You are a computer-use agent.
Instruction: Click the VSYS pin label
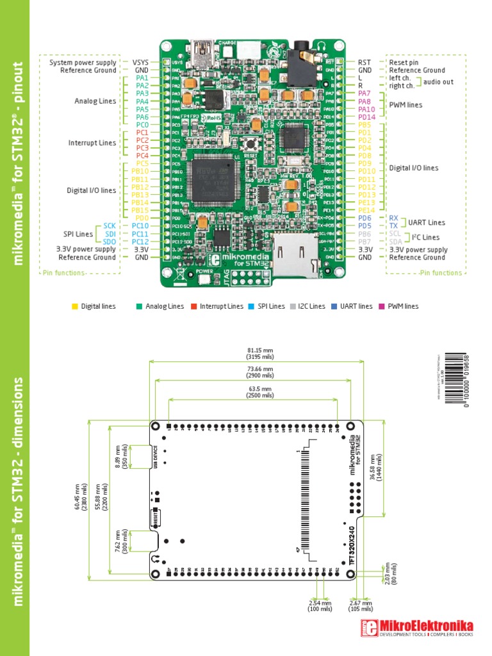click(x=141, y=62)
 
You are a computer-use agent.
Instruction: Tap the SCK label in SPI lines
click(x=110, y=226)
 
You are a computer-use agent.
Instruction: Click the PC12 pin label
click(x=141, y=242)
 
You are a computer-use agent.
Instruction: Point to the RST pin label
click(x=365, y=62)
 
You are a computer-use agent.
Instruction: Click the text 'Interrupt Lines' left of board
click(x=92, y=143)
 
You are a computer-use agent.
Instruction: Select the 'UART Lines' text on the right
click(x=427, y=222)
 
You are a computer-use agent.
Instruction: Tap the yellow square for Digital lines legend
click(x=75, y=306)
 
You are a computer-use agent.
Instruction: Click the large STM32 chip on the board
click(x=212, y=177)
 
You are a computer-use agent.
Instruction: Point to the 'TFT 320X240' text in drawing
click(x=350, y=545)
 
